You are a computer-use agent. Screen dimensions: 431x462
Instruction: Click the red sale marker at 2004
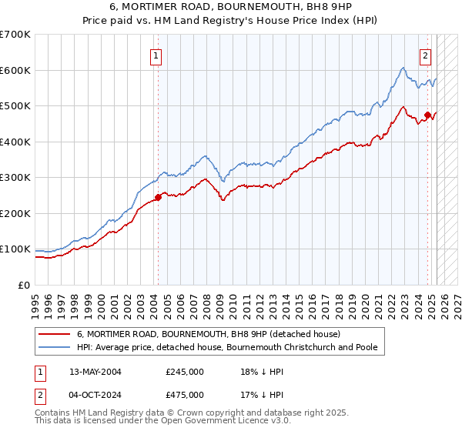coord(158,197)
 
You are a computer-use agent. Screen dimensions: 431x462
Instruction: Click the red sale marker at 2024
coord(427,115)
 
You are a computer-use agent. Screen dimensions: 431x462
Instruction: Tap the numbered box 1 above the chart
coord(156,55)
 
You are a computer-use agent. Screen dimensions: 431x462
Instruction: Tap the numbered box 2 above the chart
coord(425,55)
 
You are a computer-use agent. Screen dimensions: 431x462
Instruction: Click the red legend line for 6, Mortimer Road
coord(55,335)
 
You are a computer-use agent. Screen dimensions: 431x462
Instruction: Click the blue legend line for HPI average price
coord(55,348)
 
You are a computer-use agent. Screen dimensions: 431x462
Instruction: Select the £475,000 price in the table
coord(185,395)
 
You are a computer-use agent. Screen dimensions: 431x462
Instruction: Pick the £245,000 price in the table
coord(185,372)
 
